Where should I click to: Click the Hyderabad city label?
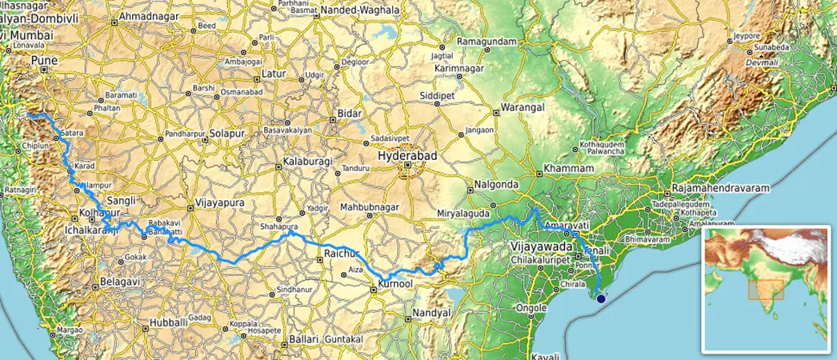pos(408,157)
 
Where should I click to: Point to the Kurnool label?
pos(397,285)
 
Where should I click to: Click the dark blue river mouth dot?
pos(600,299)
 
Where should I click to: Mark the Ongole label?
pos(530,307)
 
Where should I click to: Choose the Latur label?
pos(274,74)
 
